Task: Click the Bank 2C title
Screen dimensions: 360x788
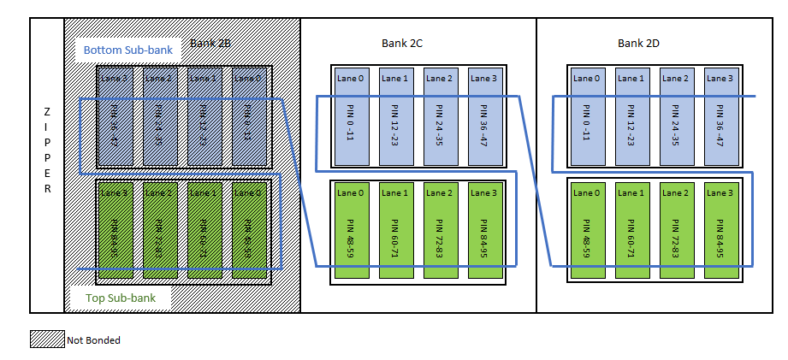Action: pos(402,43)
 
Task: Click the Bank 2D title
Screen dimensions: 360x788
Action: pos(638,43)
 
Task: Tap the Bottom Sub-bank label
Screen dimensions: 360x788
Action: pos(127,50)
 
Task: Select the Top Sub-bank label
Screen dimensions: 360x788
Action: pos(121,298)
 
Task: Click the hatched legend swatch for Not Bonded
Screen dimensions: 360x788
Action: pos(48,339)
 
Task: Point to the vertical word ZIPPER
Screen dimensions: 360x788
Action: pos(46,152)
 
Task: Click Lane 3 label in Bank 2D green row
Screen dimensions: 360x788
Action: pos(720,192)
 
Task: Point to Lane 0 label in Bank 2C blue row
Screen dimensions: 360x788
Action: pos(350,78)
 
